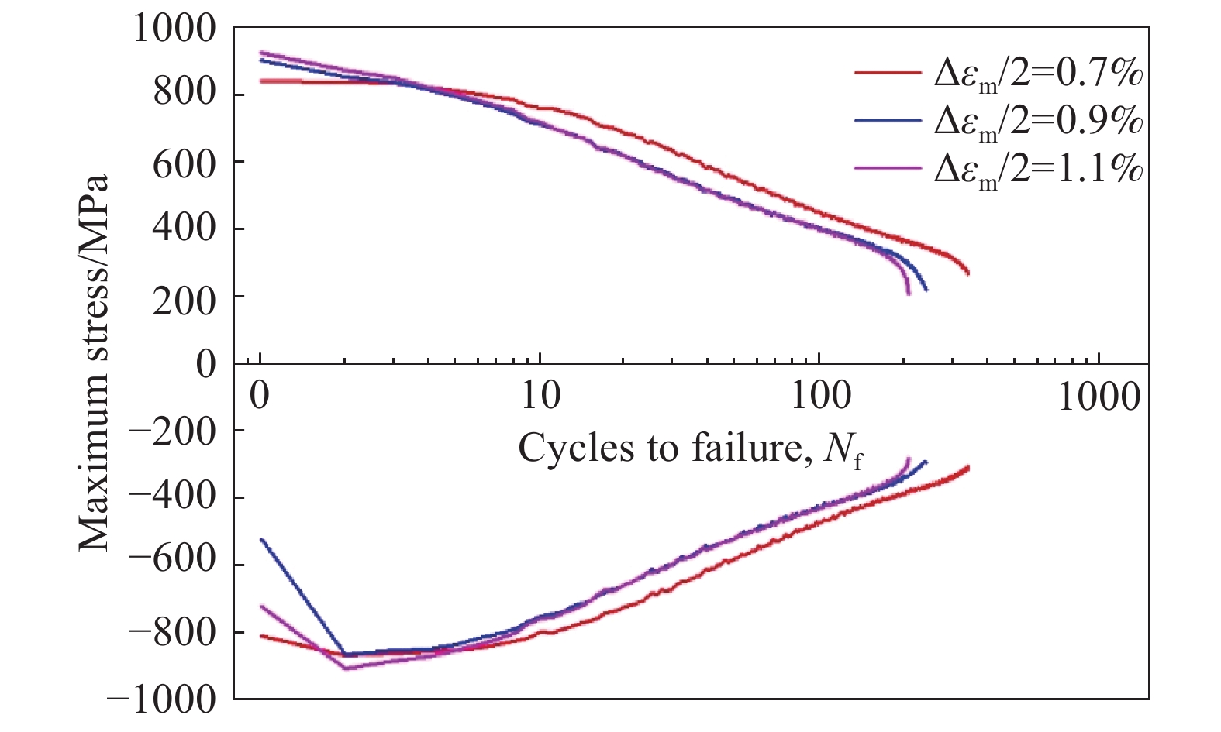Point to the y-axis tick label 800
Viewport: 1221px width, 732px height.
[184, 94]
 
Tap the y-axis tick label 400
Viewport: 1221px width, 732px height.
[184, 229]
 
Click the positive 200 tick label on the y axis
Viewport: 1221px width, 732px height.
[184, 297]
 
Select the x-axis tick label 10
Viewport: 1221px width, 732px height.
[540, 397]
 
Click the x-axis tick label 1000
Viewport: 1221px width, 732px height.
[1099, 397]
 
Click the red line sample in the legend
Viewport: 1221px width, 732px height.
[886, 72]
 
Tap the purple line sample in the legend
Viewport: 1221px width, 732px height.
[886, 167]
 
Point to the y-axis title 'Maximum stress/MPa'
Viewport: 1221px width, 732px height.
[95, 364]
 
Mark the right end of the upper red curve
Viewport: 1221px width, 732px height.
[967, 273]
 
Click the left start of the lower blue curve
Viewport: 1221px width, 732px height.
[262, 539]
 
